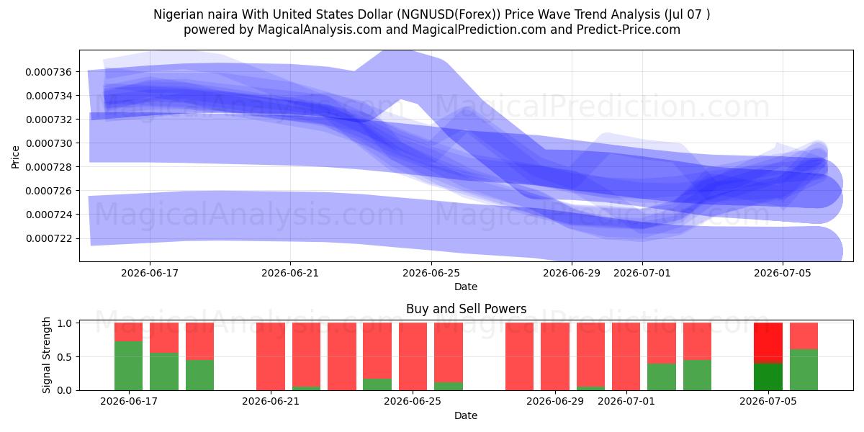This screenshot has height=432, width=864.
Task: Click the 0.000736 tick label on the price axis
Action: point(49,72)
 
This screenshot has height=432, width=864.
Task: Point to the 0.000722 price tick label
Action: point(49,239)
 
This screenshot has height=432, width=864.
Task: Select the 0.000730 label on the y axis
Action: point(49,143)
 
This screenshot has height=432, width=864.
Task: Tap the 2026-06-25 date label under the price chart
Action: point(431,273)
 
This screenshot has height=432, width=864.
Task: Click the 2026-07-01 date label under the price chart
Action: point(642,273)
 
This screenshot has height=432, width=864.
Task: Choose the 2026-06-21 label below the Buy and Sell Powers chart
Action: point(271,401)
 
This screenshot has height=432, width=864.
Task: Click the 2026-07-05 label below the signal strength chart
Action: point(768,401)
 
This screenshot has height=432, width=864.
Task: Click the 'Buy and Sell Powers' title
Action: point(467,309)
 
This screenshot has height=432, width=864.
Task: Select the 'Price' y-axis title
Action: point(15,157)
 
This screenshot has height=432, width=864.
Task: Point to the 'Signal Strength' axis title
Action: point(46,355)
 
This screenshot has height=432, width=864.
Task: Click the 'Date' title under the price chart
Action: point(466,287)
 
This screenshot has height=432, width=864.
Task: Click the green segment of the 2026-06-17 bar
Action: point(128,366)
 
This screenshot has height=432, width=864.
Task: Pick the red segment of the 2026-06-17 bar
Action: point(128,332)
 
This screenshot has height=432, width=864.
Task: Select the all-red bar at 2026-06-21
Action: point(271,356)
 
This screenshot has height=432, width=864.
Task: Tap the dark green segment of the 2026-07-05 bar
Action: point(768,377)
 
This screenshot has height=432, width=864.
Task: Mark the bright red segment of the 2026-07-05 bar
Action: point(768,343)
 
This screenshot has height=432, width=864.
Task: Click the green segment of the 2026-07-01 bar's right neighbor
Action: point(662,377)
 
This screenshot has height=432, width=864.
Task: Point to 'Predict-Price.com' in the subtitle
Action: point(629,30)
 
